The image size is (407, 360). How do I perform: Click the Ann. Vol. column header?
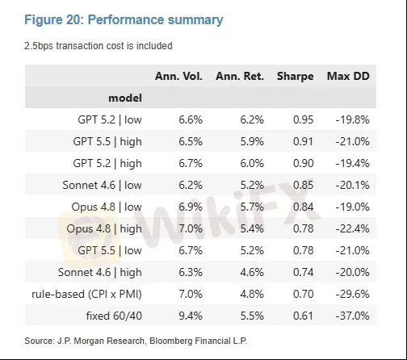(x=178, y=76)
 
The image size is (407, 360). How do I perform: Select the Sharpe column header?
(x=296, y=77)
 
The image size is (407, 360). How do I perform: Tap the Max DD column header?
(x=348, y=76)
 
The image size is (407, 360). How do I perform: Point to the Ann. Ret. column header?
(x=240, y=76)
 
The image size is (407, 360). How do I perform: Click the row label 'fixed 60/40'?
(x=114, y=316)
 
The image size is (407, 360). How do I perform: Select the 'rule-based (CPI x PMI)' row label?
(x=86, y=294)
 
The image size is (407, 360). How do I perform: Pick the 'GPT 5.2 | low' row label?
(x=110, y=119)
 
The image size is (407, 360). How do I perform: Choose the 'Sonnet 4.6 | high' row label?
(x=100, y=272)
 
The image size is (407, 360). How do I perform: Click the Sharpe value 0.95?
(x=303, y=119)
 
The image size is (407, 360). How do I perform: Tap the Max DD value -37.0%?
(x=352, y=316)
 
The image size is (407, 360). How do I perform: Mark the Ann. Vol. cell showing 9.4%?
(x=191, y=316)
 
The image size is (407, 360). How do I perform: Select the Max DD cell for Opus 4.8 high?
(x=352, y=228)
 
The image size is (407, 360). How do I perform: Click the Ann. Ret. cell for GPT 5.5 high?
(x=252, y=141)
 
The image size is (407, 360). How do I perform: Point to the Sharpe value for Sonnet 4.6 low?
(x=303, y=185)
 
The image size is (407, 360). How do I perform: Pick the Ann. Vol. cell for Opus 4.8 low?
(x=191, y=207)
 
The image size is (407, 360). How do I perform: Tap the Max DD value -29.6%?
(x=352, y=294)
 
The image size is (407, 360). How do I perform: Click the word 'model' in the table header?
(x=125, y=98)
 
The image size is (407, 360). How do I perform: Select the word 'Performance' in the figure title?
(x=126, y=20)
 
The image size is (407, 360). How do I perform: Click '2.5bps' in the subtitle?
(x=39, y=46)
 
